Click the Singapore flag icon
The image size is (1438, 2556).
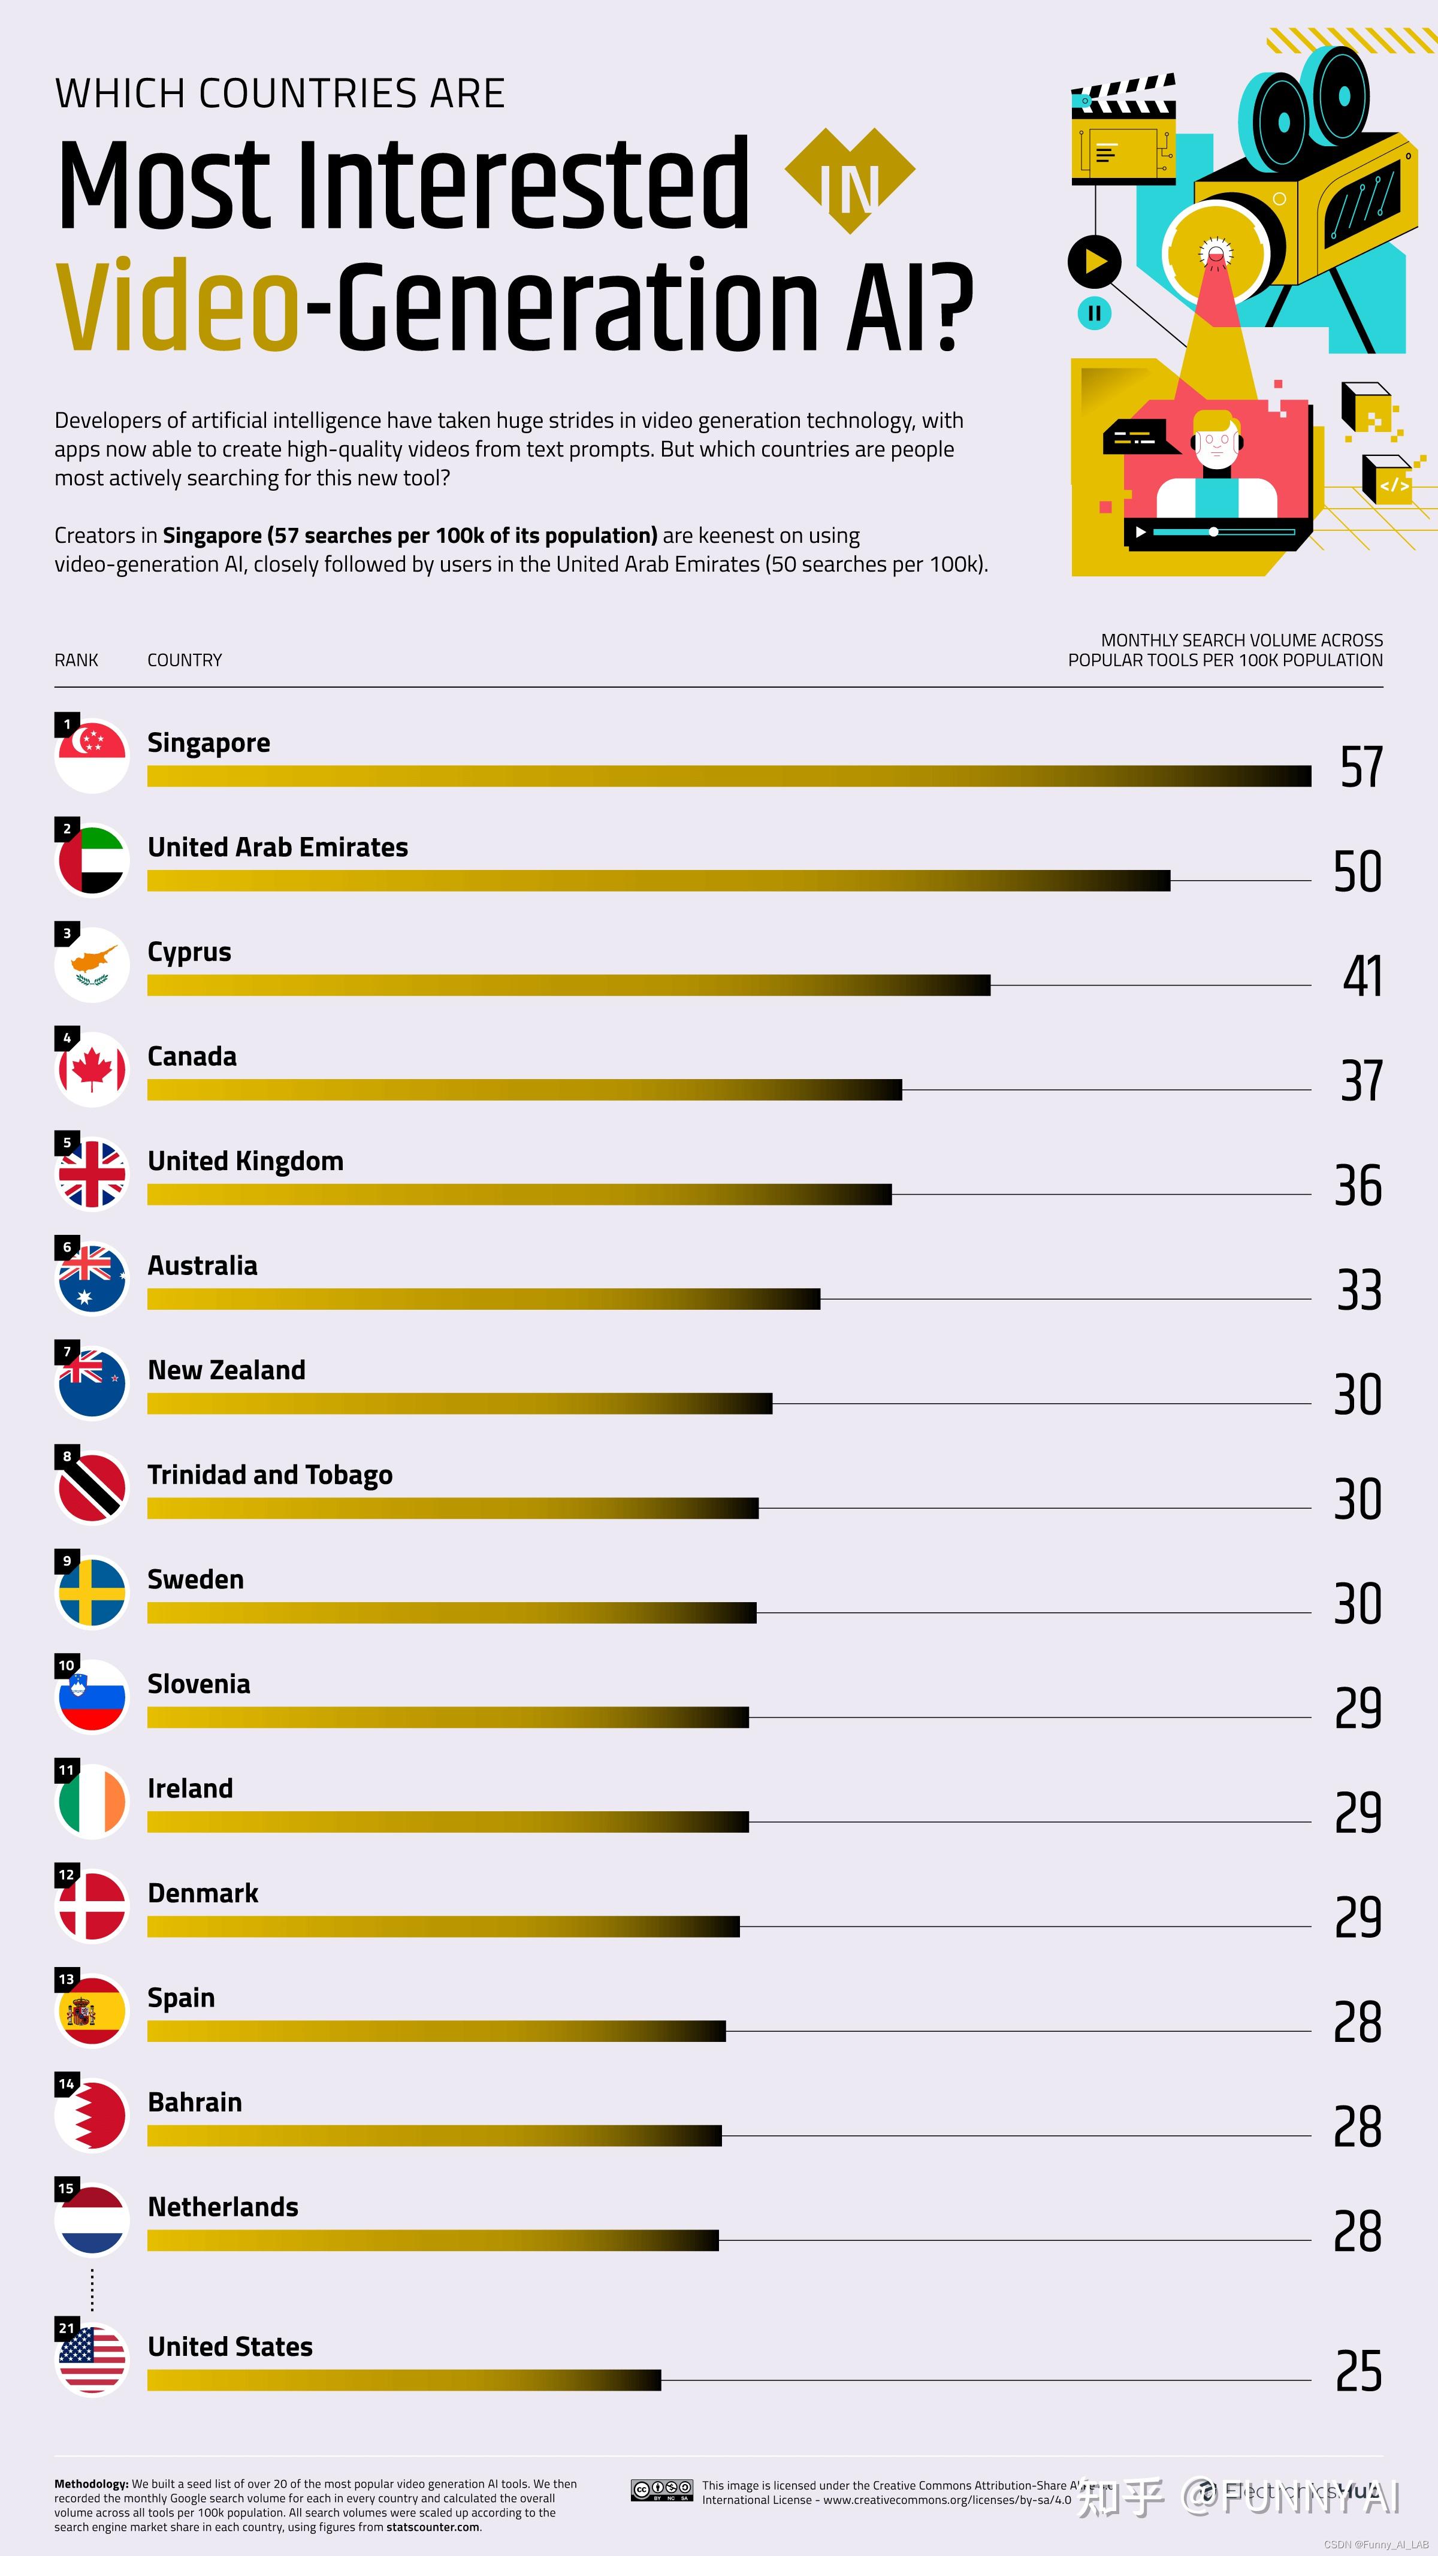coord(91,756)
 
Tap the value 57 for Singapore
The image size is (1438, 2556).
coord(1361,767)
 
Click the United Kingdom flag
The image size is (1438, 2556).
coord(91,1175)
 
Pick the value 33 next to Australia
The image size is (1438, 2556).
coord(1358,1290)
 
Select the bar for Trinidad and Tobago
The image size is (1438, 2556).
coord(452,1508)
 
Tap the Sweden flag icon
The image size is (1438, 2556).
coord(91,1593)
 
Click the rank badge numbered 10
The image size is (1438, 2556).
coord(67,1665)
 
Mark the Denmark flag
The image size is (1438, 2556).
coord(91,1906)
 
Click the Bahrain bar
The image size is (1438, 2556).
coord(434,2135)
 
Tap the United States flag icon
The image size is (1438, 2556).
coord(91,2361)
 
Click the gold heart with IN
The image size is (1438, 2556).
coord(850,180)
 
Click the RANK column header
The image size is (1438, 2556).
coord(77,660)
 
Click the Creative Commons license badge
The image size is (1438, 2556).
coord(662,2489)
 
